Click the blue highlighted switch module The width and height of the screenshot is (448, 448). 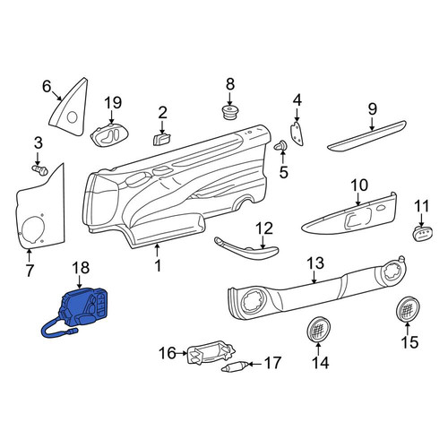pos(83,307)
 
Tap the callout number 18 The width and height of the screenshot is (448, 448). pos(81,268)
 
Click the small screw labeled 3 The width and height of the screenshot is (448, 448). pos(40,170)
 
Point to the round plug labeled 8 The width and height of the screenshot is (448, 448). pos(229,112)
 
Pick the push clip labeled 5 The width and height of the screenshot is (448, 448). pos(280,146)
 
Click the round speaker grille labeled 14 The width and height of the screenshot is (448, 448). pos(319,330)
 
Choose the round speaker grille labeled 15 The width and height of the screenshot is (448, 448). pos(408,309)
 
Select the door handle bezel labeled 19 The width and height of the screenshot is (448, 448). pos(106,135)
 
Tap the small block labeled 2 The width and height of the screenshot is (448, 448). pos(162,139)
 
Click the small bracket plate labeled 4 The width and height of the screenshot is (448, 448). pos(297,134)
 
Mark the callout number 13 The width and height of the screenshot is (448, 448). pos(315,263)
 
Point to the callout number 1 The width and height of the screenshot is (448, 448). pos(158,265)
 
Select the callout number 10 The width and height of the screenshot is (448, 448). pos(359,185)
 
